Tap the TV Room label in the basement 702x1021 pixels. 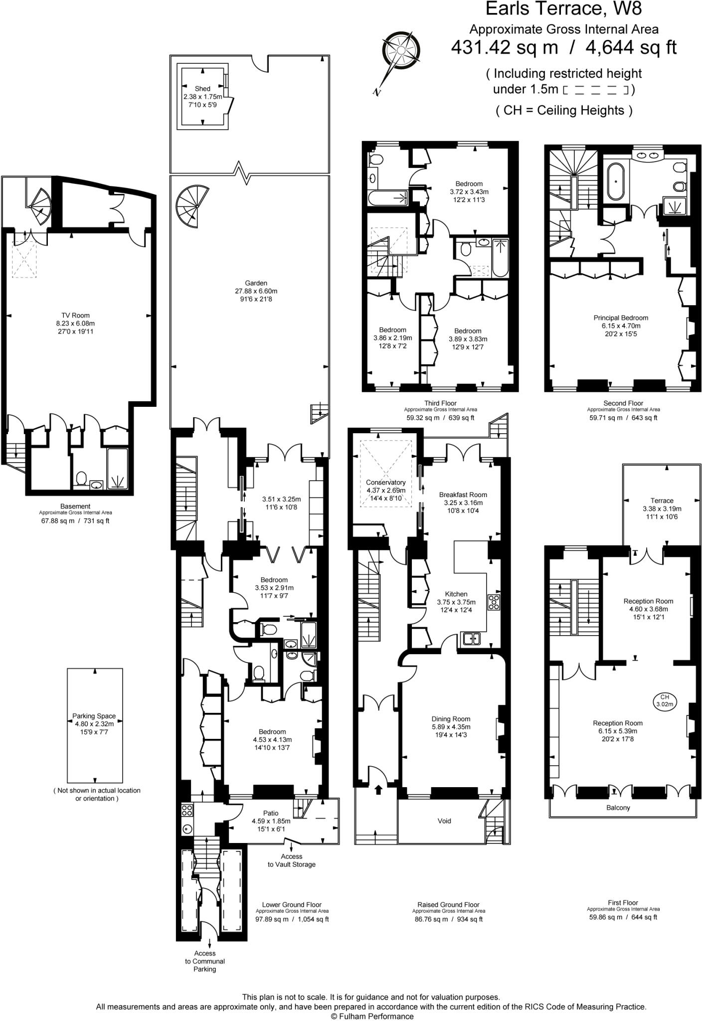(75, 315)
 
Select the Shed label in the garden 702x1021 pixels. (202, 89)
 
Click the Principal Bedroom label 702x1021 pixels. (621, 318)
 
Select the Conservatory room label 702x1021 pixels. (385, 482)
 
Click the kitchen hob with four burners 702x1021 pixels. (494, 602)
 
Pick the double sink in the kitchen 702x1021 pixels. (470, 639)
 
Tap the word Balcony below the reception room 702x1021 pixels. (618, 808)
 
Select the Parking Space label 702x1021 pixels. (94, 716)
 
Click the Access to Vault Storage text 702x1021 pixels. (292, 860)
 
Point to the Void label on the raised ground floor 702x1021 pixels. (444, 821)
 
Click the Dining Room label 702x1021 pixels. (451, 719)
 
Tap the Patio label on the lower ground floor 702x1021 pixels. (271, 813)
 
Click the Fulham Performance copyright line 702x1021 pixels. (372, 1016)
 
